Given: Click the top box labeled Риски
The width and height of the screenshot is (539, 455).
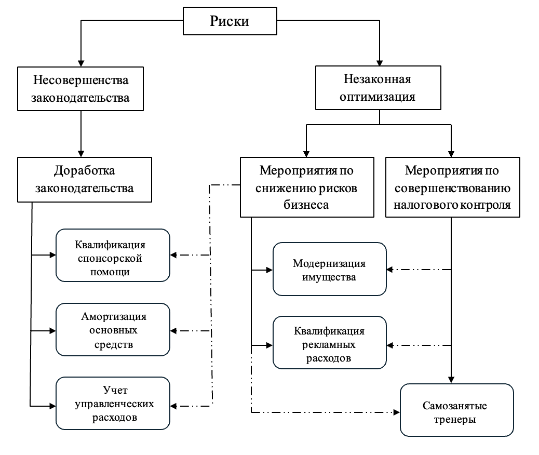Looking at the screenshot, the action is [x=230, y=21].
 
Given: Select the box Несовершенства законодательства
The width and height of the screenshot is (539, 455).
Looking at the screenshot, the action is [x=80, y=89].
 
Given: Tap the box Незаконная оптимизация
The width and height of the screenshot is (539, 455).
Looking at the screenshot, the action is [x=378, y=88].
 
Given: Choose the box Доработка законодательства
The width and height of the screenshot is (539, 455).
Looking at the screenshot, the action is [x=85, y=180].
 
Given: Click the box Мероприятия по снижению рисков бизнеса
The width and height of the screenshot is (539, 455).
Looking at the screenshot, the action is [x=307, y=187].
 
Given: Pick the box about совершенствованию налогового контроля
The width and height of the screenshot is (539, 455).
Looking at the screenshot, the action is [x=453, y=187].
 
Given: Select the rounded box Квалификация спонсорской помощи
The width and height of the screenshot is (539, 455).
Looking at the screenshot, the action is [x=113, y=255].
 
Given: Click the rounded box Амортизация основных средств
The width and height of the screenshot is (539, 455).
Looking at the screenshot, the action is [x=113, y=329].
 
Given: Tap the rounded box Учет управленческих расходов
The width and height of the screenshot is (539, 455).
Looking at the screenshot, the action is [x=113, y=404].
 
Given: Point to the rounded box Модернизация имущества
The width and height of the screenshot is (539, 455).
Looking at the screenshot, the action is [x=330, y=269].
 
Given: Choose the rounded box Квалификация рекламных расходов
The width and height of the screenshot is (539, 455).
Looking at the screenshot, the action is [x=330, y=342].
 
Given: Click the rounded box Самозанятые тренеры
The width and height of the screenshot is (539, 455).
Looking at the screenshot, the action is [x=457, y=410].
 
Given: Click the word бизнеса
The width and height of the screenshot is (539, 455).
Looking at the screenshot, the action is [x=306, y=205].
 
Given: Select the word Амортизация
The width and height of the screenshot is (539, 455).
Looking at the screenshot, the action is [x=114, y=316].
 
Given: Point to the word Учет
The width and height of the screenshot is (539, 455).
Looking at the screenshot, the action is [x=115, y=390].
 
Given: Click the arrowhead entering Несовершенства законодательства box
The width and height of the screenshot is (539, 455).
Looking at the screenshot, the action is [x=81, y=63].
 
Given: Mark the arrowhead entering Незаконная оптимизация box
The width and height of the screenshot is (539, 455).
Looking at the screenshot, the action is [x=380, y=63].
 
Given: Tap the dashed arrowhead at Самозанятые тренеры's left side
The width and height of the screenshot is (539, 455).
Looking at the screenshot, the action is [x=397, y=412].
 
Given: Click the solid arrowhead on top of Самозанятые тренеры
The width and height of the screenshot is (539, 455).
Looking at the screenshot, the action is [x=451, y=380].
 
